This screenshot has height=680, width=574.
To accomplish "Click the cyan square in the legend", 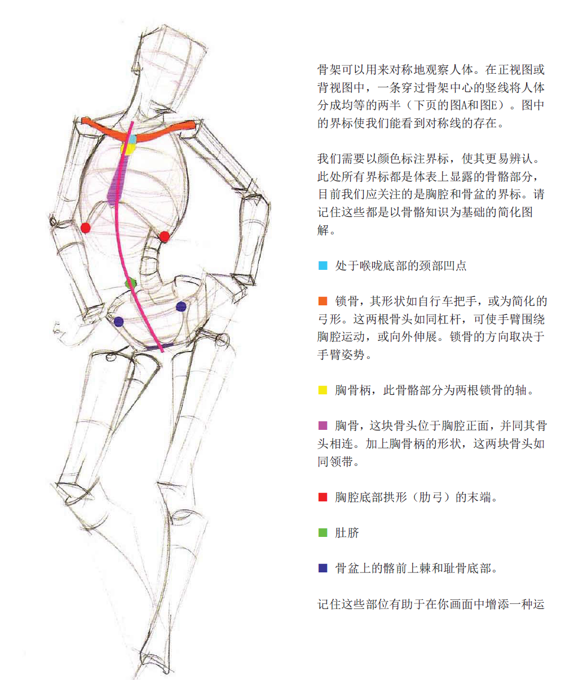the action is [x=323, y=265].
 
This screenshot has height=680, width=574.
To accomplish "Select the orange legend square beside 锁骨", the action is [x=323, y=301].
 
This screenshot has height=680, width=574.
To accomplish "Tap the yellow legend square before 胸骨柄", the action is [x=323, y=390].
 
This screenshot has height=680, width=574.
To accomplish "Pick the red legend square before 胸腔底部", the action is [x=323, y=497].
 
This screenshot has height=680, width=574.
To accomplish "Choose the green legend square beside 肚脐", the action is [x=323, y=532].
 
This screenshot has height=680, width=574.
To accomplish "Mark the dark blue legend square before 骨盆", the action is [x=323, y=568].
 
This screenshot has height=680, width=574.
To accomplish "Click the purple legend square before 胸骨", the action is [x=323, y=425].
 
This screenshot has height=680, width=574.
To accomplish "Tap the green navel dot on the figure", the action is [x=130, y=283].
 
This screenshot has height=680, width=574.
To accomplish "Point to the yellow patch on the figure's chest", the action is [x=127, y=149].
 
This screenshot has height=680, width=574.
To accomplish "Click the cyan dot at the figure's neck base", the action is [x=131, y=139].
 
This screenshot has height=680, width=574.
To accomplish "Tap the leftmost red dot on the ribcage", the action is [x=86, y=228].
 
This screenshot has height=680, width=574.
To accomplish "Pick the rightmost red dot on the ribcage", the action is [x=164, y=237].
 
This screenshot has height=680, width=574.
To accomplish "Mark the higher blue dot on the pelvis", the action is [x=181, y=306].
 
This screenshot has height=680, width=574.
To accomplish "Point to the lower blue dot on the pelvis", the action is [x=118, y=322].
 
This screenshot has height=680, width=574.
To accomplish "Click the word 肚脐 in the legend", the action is [x=347, y=533].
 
